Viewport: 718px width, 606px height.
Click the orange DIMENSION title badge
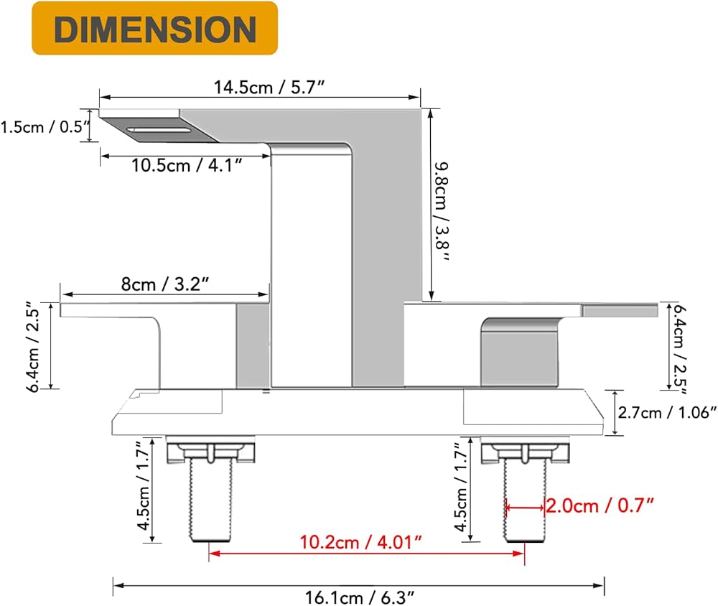155,29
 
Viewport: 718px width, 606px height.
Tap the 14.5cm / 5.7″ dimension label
269,87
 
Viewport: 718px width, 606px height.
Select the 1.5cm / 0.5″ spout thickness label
45,126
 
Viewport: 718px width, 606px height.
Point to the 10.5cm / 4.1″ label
187,165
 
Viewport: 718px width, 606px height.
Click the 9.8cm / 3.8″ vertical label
442,212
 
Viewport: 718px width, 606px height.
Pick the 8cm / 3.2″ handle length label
165,284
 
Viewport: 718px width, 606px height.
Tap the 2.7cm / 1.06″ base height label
666,412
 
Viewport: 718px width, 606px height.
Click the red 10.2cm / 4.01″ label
360,542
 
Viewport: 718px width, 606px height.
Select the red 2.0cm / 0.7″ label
600,505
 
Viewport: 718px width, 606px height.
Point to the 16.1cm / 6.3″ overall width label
360,597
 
